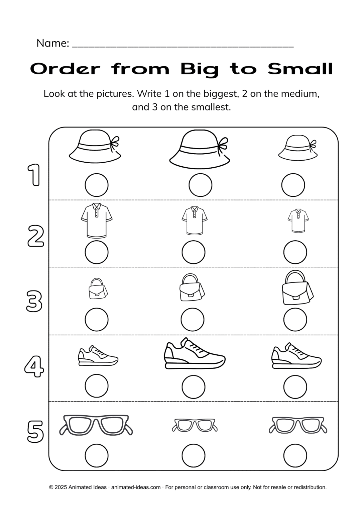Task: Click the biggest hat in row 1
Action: point(200,149)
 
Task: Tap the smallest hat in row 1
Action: point(297,148)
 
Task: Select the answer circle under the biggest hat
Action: point(200,185)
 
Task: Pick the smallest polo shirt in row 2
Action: point(298,221)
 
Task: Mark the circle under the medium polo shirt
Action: point(193,252)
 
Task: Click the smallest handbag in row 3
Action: point(97,288)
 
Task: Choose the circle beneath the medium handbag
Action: point(193,319)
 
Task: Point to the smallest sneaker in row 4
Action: point(98,357)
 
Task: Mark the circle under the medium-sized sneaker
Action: point(295,387)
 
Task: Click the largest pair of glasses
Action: point(96,425)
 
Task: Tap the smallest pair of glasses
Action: point(195,425)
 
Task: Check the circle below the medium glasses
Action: point(295,455)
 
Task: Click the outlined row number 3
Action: point(34,301)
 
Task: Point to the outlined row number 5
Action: point(35,431)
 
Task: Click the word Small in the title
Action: point(300,69)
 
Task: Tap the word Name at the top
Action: point(52,43)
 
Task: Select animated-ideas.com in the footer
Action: point(136,487)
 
